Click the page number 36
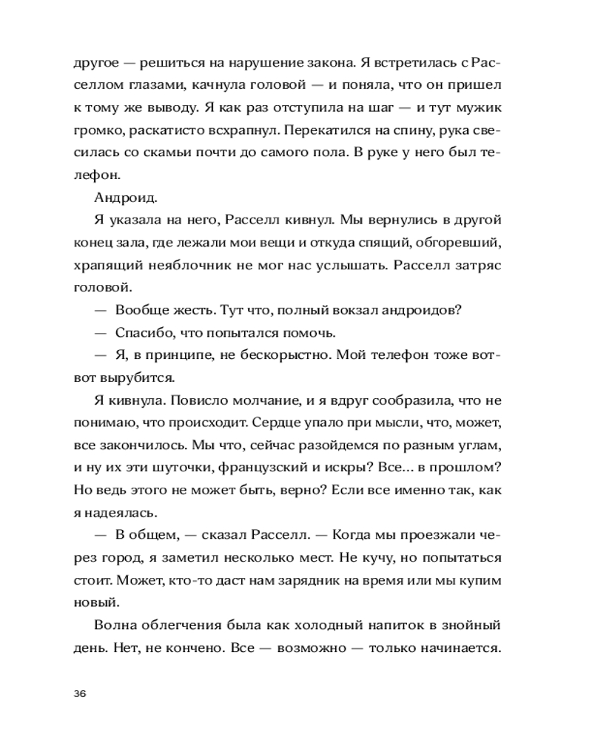pos(81,693)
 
